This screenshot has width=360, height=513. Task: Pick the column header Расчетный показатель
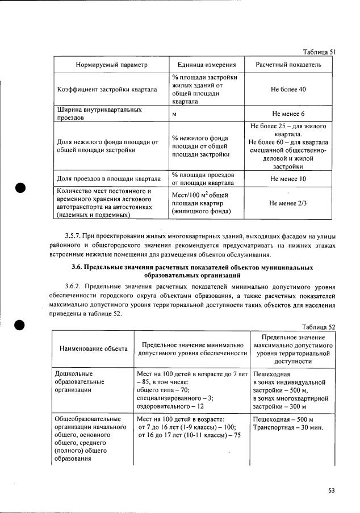[288, 65]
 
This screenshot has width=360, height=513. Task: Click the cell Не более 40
[288, 90]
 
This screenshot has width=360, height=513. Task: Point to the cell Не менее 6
[288, 113]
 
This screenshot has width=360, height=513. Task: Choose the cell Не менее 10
[288, 179]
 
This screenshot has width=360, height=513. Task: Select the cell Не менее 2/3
[288, 203]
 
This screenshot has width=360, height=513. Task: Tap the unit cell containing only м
[174, 113]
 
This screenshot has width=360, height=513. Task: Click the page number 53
[332, 490]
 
